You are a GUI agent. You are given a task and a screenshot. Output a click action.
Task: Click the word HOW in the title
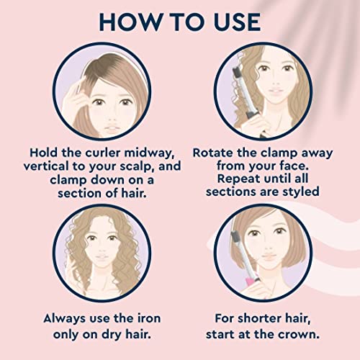[130, 22]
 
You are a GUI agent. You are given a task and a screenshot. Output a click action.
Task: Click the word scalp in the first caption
[138, 166]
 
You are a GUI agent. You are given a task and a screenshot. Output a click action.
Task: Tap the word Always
[65, 319]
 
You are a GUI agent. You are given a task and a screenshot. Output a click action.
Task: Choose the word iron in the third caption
[149, 319]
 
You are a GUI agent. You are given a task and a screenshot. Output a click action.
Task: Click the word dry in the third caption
[111, 335]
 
